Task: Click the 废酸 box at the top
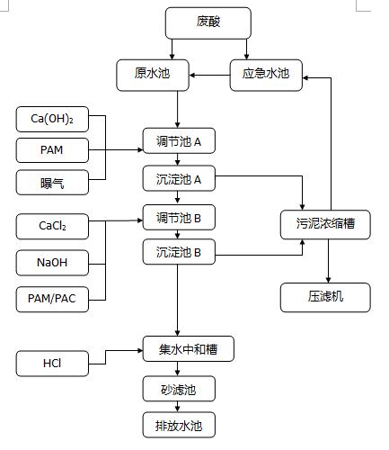pos(208,23)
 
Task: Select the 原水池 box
pos(153,75)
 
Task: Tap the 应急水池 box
pos(266,75)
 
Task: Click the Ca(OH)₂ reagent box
pos(52,119)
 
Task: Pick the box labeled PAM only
pos(52,150)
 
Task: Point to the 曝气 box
pos(52,183)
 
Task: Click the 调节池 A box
pos(179,140)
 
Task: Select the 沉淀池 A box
pos(179,178)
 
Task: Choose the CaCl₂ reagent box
pos(52,227)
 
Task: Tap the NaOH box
pos(52,263)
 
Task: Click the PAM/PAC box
pos(52,300)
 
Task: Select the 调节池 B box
pos(179,218)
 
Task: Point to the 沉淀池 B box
pos(179,252)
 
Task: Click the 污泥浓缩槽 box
pos(325,225)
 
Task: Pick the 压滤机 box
pos(325,297)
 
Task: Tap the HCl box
pos(52,364)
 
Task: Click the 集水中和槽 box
pos(189,348)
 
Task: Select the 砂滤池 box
pos(179,389)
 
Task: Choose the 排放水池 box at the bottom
pos(179,425)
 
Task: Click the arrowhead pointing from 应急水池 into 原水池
pos(192,75)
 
